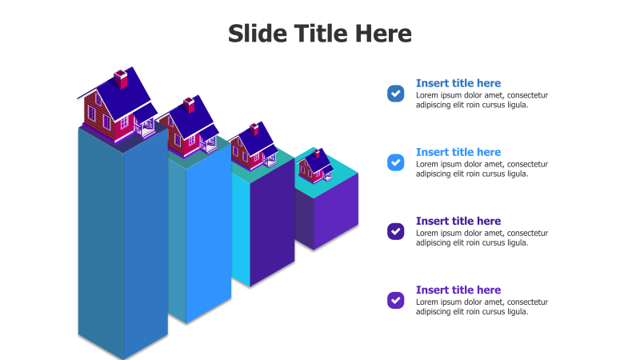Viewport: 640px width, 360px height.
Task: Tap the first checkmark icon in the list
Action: [x=395, y=93]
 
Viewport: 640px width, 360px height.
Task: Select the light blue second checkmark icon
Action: [x=395, y=162]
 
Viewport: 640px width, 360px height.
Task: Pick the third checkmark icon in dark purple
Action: [x=395, y=231]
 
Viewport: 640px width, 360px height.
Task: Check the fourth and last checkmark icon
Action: [x=395, y=300]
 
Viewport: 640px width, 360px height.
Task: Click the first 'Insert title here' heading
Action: [x=458, y=83]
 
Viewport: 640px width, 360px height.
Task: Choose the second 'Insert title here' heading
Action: [x=458, y=152]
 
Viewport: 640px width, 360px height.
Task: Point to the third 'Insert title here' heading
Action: [x=458, y=221]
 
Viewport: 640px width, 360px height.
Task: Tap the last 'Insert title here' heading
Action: [x=458, y=290]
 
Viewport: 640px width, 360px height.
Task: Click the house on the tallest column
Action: [x=118, y=106]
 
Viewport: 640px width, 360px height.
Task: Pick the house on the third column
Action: [x=254, y=147]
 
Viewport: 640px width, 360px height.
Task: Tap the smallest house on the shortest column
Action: [x=315, y=166]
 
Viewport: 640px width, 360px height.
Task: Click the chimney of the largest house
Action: [x=121, y=79]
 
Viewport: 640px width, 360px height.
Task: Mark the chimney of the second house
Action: [x=189, y=105]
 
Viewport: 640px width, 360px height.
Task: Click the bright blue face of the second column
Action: [x=209, y=233]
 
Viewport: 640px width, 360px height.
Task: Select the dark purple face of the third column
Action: [x=272, y=222]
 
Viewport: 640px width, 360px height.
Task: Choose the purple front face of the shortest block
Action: [x=336, y=211]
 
